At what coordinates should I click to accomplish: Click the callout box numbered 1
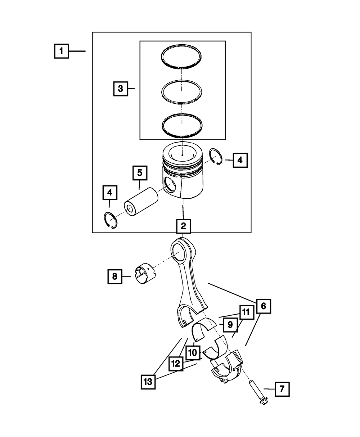click(62, 51)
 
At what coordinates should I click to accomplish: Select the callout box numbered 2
click(183, 226)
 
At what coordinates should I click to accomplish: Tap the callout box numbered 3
click(121, 88)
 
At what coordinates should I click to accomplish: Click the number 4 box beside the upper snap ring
click(240, 160)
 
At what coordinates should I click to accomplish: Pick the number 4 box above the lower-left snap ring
click(109, 193)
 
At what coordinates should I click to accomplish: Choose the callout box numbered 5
click(139, 173)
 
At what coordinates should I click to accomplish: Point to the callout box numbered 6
click(263, 306)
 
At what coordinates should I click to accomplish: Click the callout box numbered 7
click(282, 389)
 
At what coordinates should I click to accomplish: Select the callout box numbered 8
click(114, 276)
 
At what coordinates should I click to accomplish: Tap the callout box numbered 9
click(230, 325)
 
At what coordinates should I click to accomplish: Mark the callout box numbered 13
click(148, 381)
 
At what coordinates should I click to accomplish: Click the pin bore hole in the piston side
click(169, 186)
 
